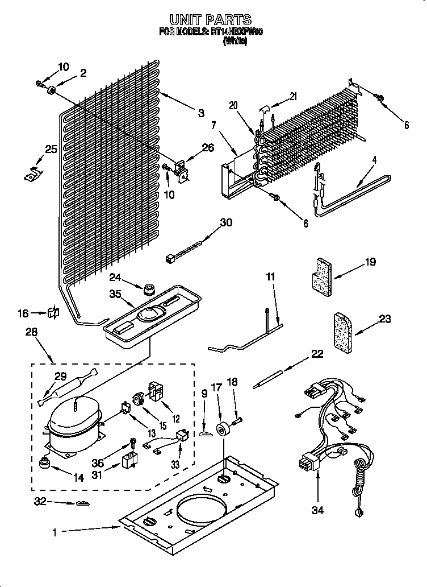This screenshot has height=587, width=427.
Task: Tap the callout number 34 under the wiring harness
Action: point(317,510)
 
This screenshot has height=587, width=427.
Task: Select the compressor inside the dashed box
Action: point(73,425)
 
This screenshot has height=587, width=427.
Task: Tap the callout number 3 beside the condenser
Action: point(200,113)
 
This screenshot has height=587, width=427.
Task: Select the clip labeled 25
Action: point(31,175)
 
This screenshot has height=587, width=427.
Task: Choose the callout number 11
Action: point(270,277)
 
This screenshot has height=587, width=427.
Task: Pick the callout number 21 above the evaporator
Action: point(293,96)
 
